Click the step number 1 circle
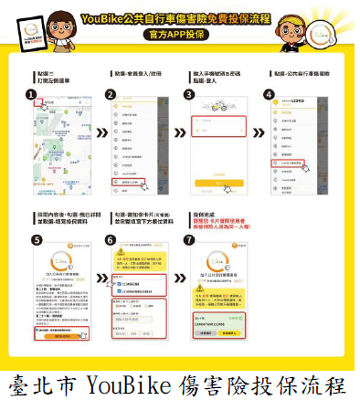coord(31,94)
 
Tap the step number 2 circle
coord(111,94)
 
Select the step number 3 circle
coord(189,94)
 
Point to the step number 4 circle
coord(269,94)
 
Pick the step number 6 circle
coord(111,241)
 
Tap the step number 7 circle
coord(189,241)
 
